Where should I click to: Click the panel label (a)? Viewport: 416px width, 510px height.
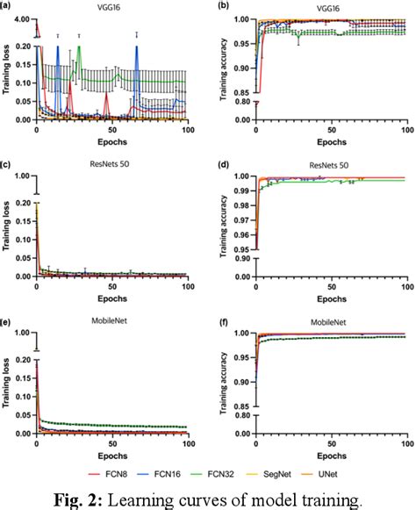pyautogui.click(x=8, y=7)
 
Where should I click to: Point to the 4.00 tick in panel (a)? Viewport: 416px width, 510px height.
pyautogui.click(x=22, y=18)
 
